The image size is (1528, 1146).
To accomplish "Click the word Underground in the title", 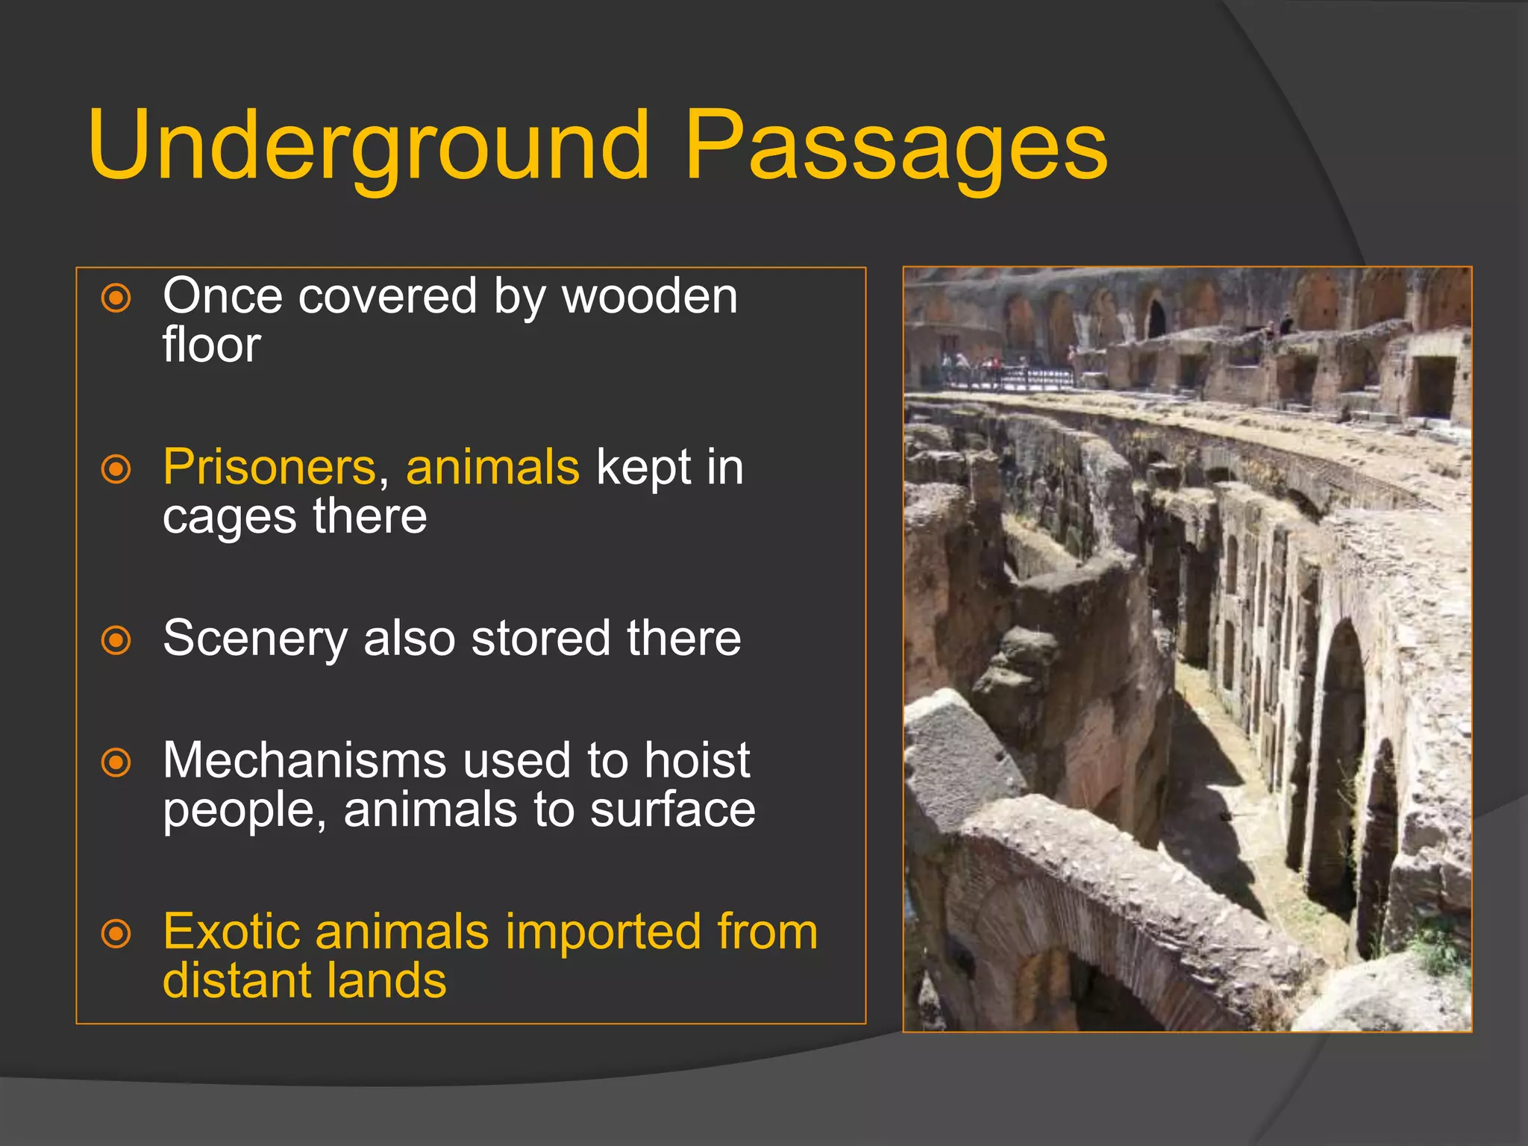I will click(x=369, y=145).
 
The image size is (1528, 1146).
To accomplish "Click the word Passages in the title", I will click(x=895, y=145).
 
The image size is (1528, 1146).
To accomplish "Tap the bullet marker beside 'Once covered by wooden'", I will click(x=116, y=298).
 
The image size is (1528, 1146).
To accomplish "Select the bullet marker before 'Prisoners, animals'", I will click(x=116, y=470).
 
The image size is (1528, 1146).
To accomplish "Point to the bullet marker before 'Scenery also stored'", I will click(x=116, y=640).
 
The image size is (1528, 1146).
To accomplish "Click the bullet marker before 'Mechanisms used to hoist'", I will click(x=116, y=763).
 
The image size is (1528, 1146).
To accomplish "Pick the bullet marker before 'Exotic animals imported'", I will click(x=116, y=933).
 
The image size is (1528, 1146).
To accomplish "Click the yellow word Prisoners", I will click(x=269, y=468).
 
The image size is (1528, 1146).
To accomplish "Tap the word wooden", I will click(x=650, y=296).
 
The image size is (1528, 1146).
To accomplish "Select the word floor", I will click(x=212, y=345).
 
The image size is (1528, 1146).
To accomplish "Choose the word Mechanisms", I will click(x=304, y=761).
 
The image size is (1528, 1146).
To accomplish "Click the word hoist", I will click(x=697, y=761).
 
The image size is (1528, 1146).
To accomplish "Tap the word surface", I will click(x=673, y=810).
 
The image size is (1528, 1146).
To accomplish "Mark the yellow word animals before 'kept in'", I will click(x=492, y=468).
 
